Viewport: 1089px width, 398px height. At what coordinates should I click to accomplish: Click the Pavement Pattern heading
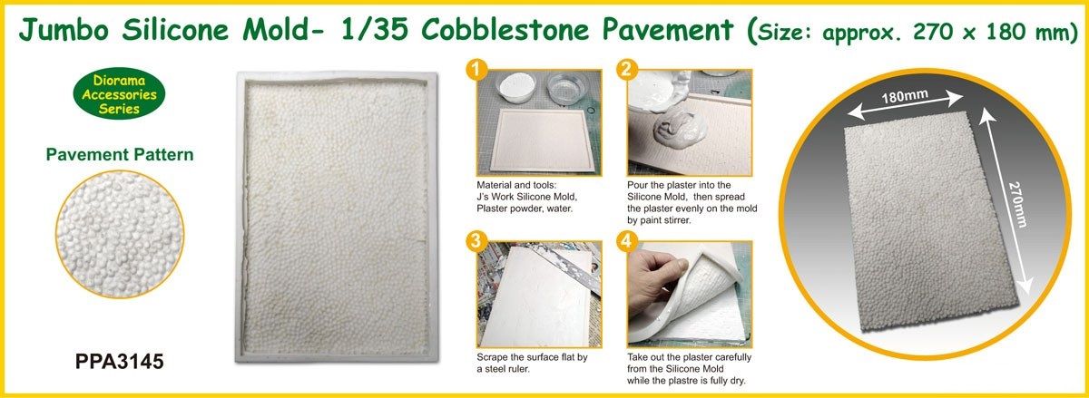coord(120,155)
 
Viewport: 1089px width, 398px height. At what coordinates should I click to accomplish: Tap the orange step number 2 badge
coord(624,69)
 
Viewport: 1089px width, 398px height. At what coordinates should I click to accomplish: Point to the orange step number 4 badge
coord(624,241)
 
